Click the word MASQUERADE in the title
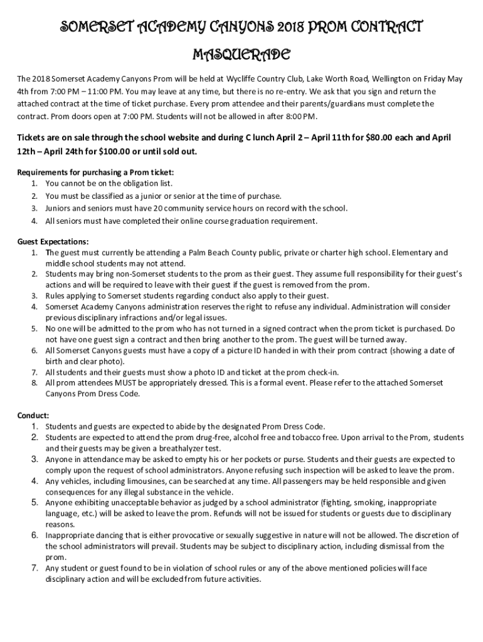click(241, 55)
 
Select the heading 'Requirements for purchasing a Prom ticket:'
click(95, 172)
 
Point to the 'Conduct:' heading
click(33, 415)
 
